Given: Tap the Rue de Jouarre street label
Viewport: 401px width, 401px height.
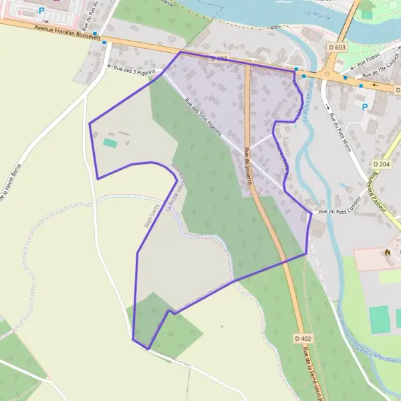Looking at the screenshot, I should click(248, 166).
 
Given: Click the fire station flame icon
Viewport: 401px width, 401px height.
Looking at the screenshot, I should click(388, 253).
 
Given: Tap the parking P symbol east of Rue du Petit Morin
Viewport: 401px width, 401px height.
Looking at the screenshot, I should click(364, 107).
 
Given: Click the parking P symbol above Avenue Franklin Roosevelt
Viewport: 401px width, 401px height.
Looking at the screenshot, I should click(41, 11).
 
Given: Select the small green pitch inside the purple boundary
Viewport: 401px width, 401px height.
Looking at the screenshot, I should click(110, 142).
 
